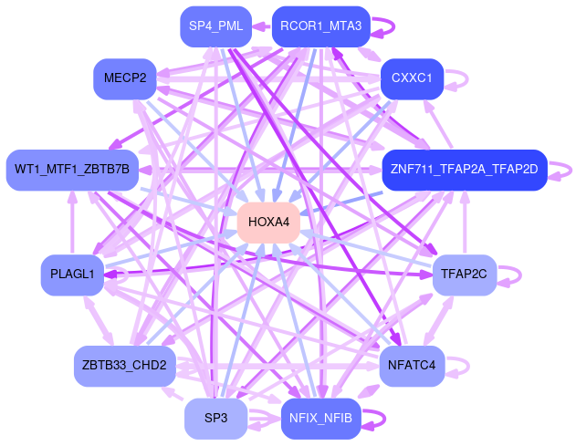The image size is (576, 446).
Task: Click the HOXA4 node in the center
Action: pyautogui.click(x=268, y=222)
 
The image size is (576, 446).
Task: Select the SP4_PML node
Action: pyautogui.click(x=215, y=26)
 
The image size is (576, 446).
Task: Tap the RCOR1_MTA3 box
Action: pyautogui.click(x=320, y=26)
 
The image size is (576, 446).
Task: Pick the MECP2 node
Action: pyautogui.click(x=125, y=78)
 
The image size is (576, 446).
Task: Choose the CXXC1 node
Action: pyautogui.click(x=411, y=78)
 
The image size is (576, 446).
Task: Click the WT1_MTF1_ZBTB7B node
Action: pyautogui.click(x=72, y=169)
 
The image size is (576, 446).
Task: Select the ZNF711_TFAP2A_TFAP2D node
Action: pyautogui.click(x=464, y=169)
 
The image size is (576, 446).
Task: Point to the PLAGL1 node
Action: pyautogui.click(x=73, y=275)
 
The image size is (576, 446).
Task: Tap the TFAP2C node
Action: pyautogui.click(x=464, y=275)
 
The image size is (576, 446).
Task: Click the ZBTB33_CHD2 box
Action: pyautogui.click(x=124, y=365)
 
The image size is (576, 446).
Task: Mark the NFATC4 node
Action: pyautogui.click(x=411, y=365)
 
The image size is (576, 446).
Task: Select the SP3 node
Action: pyautogui.click(x=215, y=418)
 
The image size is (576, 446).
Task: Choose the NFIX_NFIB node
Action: pyautogui.click(x=320, y=418)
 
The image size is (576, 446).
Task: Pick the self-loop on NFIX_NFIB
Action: pyautogui.click(x=384, y=418)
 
